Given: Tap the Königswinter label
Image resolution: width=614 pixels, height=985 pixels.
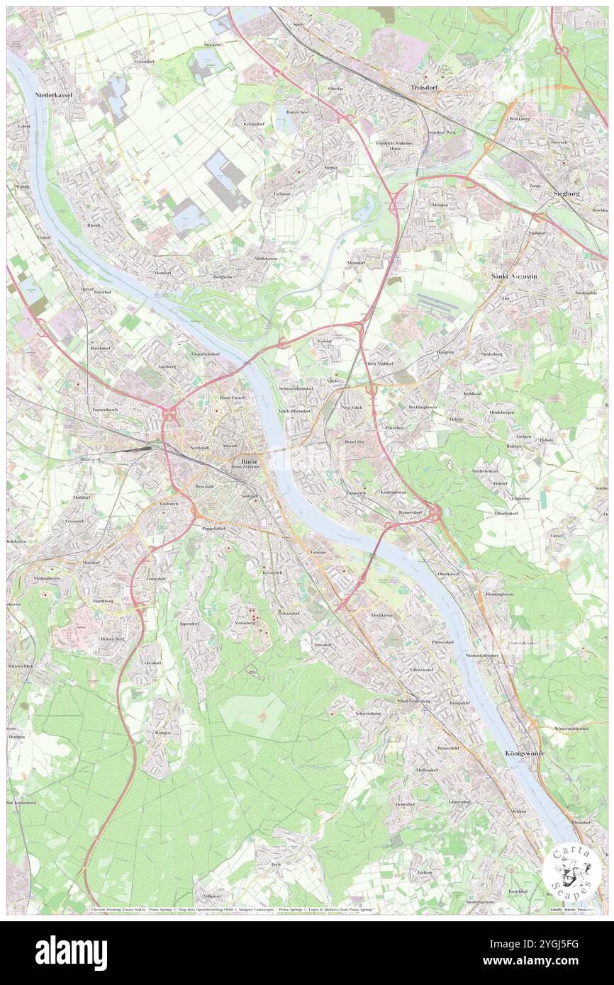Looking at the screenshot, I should pyautogui.click(x=525, y=753).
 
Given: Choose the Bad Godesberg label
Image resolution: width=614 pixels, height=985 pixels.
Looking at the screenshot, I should pyautogui.click(x=415, y=701).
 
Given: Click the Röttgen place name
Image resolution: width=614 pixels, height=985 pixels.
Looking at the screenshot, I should pyautogui.click(x=162, y=733).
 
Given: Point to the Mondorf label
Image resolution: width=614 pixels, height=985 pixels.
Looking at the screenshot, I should pyautogui.click(x=164, y=272).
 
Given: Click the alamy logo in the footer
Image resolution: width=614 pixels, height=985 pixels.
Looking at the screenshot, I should pyautogui.click(x=71, y=952).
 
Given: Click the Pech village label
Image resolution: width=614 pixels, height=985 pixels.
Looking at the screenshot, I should pyautogui.click(x=277, y=865).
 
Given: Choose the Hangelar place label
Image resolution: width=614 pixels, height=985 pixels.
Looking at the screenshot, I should pyautogui.click(x=445, y=351).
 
